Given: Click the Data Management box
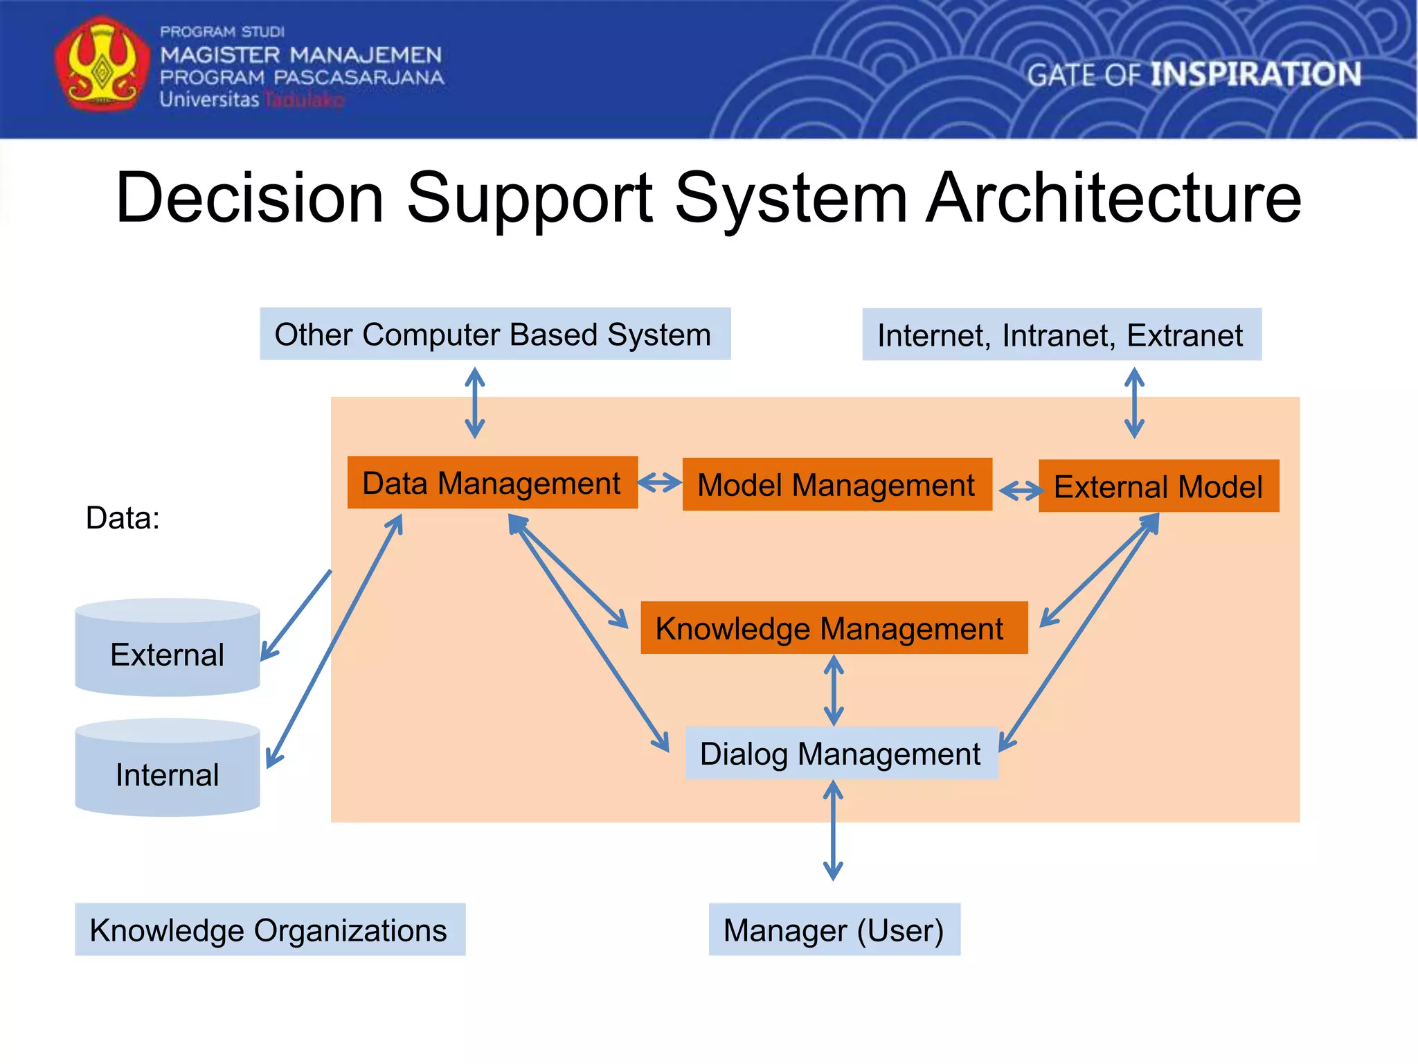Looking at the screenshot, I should point(492,483).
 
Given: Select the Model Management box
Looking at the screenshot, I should point(836,485).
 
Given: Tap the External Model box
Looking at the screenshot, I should point(1158,486).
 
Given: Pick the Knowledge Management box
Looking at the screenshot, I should point(834,628).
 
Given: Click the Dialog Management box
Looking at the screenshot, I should point(841,754).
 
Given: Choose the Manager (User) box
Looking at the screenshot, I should point(834,930).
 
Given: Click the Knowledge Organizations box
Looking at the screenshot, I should point(269,930).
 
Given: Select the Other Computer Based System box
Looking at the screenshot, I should point(494,334).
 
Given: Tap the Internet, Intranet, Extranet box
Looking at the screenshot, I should point(1061,335).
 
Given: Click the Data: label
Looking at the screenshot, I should point(123,518).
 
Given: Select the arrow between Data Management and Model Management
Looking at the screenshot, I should point(660,482).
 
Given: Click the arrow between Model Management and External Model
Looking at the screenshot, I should point(1021,490).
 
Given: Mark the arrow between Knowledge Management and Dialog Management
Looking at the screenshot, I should point(834,690).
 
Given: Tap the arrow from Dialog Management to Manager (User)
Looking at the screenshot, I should point(833,830).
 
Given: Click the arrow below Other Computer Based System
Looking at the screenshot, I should point(474,402).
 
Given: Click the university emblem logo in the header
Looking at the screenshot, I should point(102,64).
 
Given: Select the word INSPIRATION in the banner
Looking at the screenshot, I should point(1255,74).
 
